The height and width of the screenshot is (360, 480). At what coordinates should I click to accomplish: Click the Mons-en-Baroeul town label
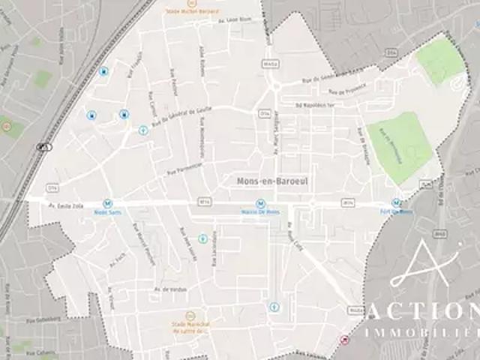coord(265,181)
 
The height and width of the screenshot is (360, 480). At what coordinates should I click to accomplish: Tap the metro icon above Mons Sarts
coord(107,203)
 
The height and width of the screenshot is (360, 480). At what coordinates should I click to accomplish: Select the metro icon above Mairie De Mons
coord(260,203)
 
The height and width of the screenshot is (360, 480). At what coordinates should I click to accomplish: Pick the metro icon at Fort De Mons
coord(395,202)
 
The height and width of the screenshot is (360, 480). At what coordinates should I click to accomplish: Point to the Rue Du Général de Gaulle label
coord(176,119)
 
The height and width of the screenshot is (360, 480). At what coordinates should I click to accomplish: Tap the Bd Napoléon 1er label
coord(315,105)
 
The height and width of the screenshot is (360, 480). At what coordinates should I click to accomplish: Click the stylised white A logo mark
coord(424,266)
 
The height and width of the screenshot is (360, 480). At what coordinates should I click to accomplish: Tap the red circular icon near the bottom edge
coord(344,340)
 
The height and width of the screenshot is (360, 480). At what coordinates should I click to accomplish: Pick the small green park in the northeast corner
coord(440,60)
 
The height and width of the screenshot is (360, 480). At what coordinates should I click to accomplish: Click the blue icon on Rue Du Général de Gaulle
coord(142,130)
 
